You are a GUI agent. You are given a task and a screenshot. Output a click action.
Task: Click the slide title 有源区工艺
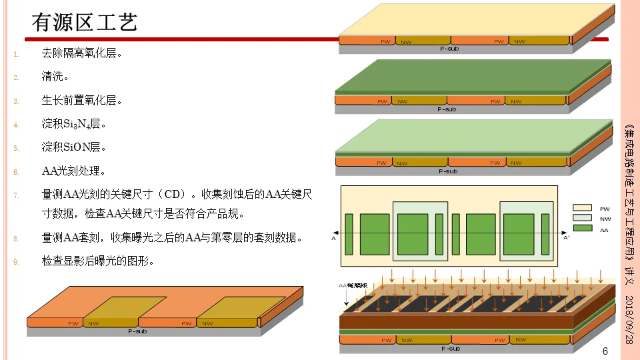coord(85,23)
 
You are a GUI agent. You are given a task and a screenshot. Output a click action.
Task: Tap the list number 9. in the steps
coord(17,262)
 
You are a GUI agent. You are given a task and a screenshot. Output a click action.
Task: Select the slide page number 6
coord(605,351)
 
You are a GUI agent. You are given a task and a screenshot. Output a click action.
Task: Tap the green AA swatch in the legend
coord(582,229)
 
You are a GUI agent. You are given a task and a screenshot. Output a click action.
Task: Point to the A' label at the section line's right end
coord(567,237)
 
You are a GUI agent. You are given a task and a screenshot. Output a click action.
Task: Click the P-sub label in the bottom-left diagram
coord(137,331)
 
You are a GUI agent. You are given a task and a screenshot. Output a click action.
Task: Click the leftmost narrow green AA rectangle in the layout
coord(349,234)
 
